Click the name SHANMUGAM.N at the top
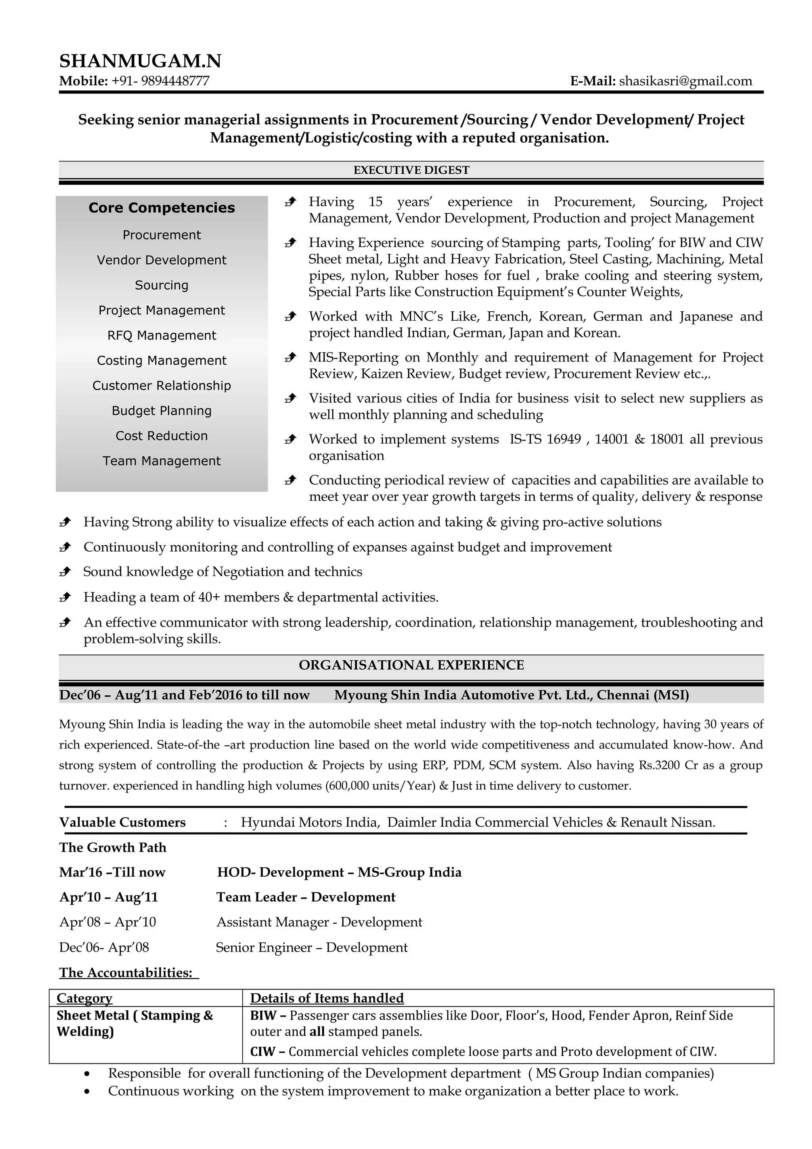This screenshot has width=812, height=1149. click(140, 61)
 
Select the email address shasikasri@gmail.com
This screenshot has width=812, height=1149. click(686, 81)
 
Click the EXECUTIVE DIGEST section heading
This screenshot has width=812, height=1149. click(411, 170)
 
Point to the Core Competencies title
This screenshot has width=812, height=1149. click(162, 208)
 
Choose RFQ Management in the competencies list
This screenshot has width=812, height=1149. click(162, 335)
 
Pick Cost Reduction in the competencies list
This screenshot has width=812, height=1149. click(162, 436)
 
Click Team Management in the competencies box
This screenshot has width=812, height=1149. click(162, 461)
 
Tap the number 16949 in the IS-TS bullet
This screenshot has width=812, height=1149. click(563, 439)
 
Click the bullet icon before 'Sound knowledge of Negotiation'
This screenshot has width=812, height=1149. click(65, 572)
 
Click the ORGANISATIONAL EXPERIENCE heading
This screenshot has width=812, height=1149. click(411, 665)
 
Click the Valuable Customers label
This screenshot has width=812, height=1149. click(122, 823)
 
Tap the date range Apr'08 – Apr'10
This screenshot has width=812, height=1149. click(107, 922)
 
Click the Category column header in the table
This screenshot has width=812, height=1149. click(84, 998)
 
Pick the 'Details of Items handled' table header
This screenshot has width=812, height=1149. click(327, 998)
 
